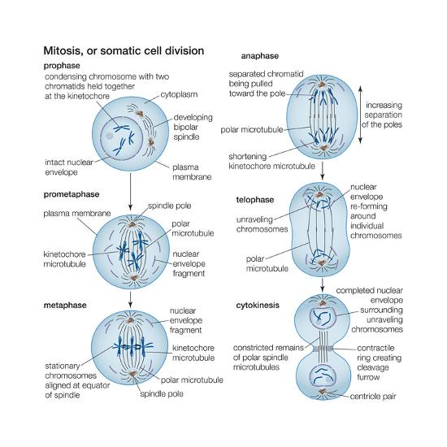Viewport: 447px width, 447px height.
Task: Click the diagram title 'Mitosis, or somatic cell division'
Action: point(124,50)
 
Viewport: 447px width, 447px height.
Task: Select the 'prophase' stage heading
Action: point(62,66)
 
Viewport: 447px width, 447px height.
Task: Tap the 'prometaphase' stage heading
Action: point(72,194)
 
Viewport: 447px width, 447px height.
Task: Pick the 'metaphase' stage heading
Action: point(65,306)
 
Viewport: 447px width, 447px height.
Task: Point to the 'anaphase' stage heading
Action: point(260,56)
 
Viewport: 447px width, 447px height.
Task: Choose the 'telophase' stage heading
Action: point(254,200)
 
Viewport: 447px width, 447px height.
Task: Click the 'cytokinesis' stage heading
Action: point(258,306)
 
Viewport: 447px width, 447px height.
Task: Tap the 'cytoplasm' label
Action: point(179,94)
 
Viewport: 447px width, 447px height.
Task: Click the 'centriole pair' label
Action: point(373,397)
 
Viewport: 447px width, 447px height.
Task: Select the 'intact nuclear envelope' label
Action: point(69,167)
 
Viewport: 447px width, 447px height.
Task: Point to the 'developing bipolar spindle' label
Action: point(193,127)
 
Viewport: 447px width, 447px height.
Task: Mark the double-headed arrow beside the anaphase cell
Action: point(360,115)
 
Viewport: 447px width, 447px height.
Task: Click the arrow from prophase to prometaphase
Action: point(130,192)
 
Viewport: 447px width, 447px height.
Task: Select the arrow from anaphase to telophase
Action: point(323,170)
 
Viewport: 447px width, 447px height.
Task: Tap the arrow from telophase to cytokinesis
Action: point(323,284)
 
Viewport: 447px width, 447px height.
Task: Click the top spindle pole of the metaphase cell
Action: point(130,320)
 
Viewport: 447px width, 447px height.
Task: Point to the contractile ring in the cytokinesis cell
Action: point(323,349)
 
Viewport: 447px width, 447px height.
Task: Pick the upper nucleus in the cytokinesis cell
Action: point(322,317)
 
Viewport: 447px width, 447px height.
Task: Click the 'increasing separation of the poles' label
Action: point(382,115)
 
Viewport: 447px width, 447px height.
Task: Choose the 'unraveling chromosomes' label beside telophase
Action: point(262,224)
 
